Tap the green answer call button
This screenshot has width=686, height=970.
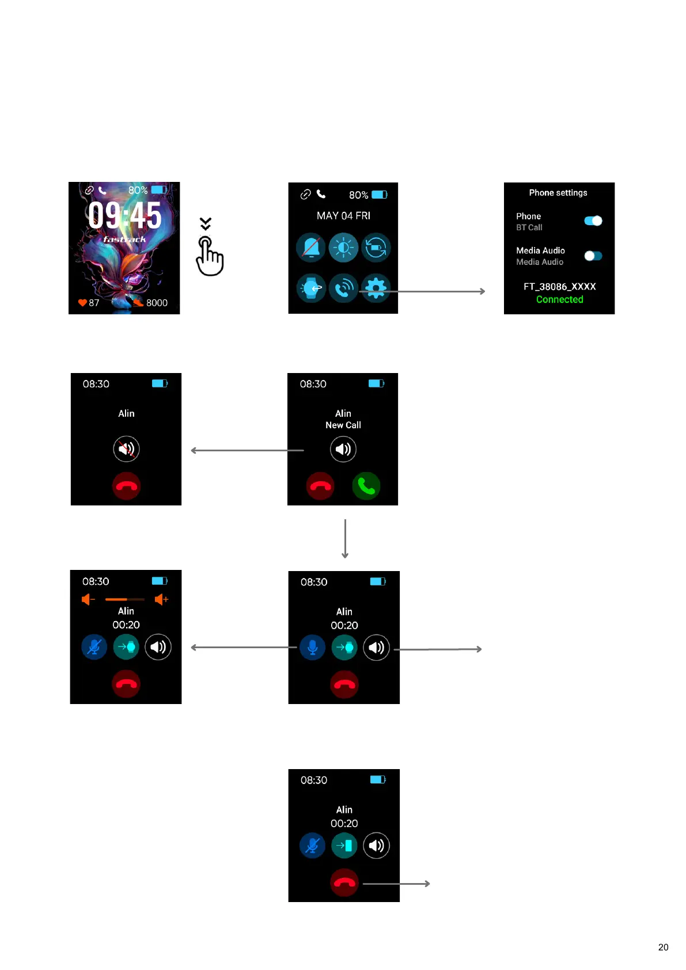pyautogui.click(x=366, y=486)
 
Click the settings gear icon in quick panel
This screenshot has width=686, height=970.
pyautogui.click(x=376, y=288)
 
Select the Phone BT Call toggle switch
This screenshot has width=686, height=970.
pyautogui.click(x=593, y=221)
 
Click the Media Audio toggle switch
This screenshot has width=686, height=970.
pyautogui.click(x=593, y=256)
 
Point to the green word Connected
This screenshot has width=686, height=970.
pyautogui.click(x=559, y=299)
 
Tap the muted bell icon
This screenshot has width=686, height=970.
pyautogui.click(x=311, y=248)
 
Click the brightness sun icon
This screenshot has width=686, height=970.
pyautogui.click(x=343, y=248)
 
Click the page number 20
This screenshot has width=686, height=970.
pyautogui.click(x=663, y=947)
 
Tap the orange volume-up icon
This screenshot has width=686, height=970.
pyautogui.click(x=161, y=599)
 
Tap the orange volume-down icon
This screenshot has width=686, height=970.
pyautogui.click(x=88, y=599)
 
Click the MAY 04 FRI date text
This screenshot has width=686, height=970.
pyautogui.click(x=343, y=216)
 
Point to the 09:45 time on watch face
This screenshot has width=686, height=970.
pyautogui.click(x=125, y=216)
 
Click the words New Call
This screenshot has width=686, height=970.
pyautogui.click(x=343, y=425)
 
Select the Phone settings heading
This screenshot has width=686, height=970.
pyautogui.click(x=558, y=193)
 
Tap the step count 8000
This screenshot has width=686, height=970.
pyautogui.click(x=156, y=303)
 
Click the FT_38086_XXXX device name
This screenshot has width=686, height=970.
pyautogui.click(x=559, y=287)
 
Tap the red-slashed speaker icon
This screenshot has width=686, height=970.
pyautogui.click(x=126, y=449)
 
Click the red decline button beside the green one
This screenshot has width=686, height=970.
pyautogui.click(x=320, y=486)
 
